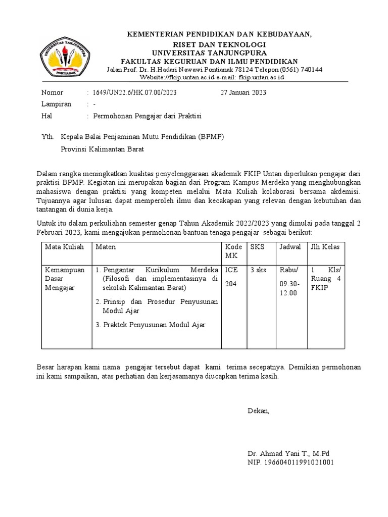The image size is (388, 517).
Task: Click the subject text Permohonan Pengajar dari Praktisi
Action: (x=147, y=116)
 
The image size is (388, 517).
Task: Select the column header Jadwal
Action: (x=290, y=247)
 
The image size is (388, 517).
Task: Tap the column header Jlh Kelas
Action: (x=326, y=247)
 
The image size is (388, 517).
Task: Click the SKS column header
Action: (x=257, y=247)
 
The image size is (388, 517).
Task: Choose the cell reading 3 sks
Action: (x=258, y=270)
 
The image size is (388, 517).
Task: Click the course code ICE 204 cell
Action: (x=231, y=277)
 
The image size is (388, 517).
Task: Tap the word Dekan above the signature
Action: (x=259, y=410)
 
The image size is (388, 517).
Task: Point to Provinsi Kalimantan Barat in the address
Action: (x=103, y=149)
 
